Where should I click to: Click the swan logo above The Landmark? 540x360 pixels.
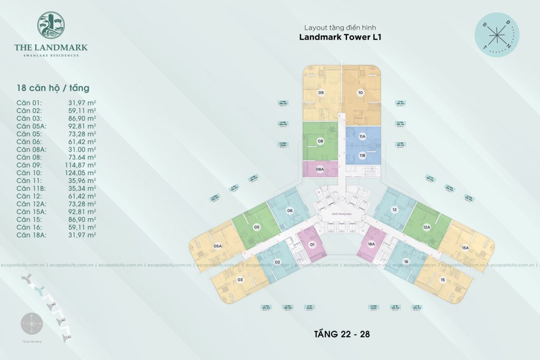click(51, 26)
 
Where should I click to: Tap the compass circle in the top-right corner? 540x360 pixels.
click(496, 35)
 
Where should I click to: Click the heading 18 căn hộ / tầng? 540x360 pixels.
click(53, 87)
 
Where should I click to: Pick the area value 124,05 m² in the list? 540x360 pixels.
click(82, 172)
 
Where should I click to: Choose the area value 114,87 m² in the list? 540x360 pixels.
click(82, 164)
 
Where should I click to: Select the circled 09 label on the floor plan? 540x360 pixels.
click(321, 93)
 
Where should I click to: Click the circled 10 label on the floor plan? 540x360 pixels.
click(360, 93)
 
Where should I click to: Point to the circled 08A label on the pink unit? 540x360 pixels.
click(320, 169)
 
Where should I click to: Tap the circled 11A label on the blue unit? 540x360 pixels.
click(362, 137)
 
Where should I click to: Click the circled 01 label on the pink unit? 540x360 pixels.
click(312, 245)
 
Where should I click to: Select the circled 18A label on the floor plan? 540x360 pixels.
click(371, 245)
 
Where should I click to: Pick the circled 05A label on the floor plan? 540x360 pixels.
click(217, 246)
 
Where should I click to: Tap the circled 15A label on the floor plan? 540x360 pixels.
click(465, 247)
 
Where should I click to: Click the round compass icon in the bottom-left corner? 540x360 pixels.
click(31, 324)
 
